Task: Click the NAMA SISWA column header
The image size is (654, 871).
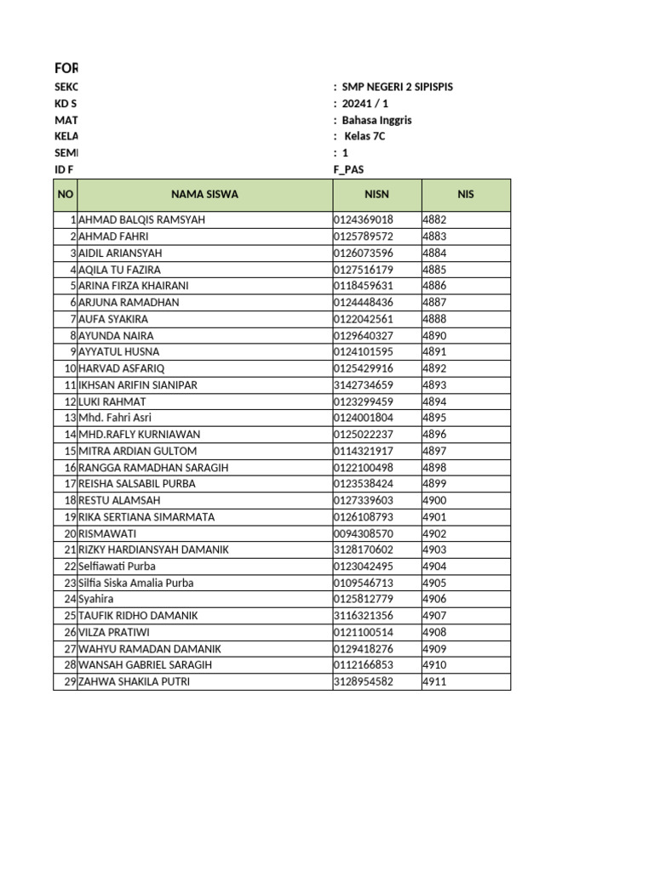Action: [204, 195]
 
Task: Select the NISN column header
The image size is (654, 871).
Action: [376, 195]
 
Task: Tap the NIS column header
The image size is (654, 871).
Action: [465, 195]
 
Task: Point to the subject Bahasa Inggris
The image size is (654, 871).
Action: [376, 120]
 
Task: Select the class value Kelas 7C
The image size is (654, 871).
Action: [364, 136]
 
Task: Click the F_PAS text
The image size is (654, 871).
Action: [348, 169]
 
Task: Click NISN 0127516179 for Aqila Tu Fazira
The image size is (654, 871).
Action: [364, 270]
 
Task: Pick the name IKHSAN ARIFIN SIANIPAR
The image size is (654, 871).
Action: [138, 385]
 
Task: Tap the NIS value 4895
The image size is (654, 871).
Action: [434, 418]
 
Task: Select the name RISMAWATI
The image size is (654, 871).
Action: [107, 533]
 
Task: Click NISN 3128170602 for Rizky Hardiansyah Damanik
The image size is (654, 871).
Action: [364, 550]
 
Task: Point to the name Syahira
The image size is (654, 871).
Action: [95, 600]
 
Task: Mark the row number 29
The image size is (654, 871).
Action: [70, 682]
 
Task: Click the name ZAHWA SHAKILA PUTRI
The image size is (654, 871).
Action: [134, 682]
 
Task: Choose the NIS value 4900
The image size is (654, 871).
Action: [434, 501]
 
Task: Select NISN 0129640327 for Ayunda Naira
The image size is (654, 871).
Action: [364, 336]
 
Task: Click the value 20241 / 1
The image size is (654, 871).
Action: [365, 104]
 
